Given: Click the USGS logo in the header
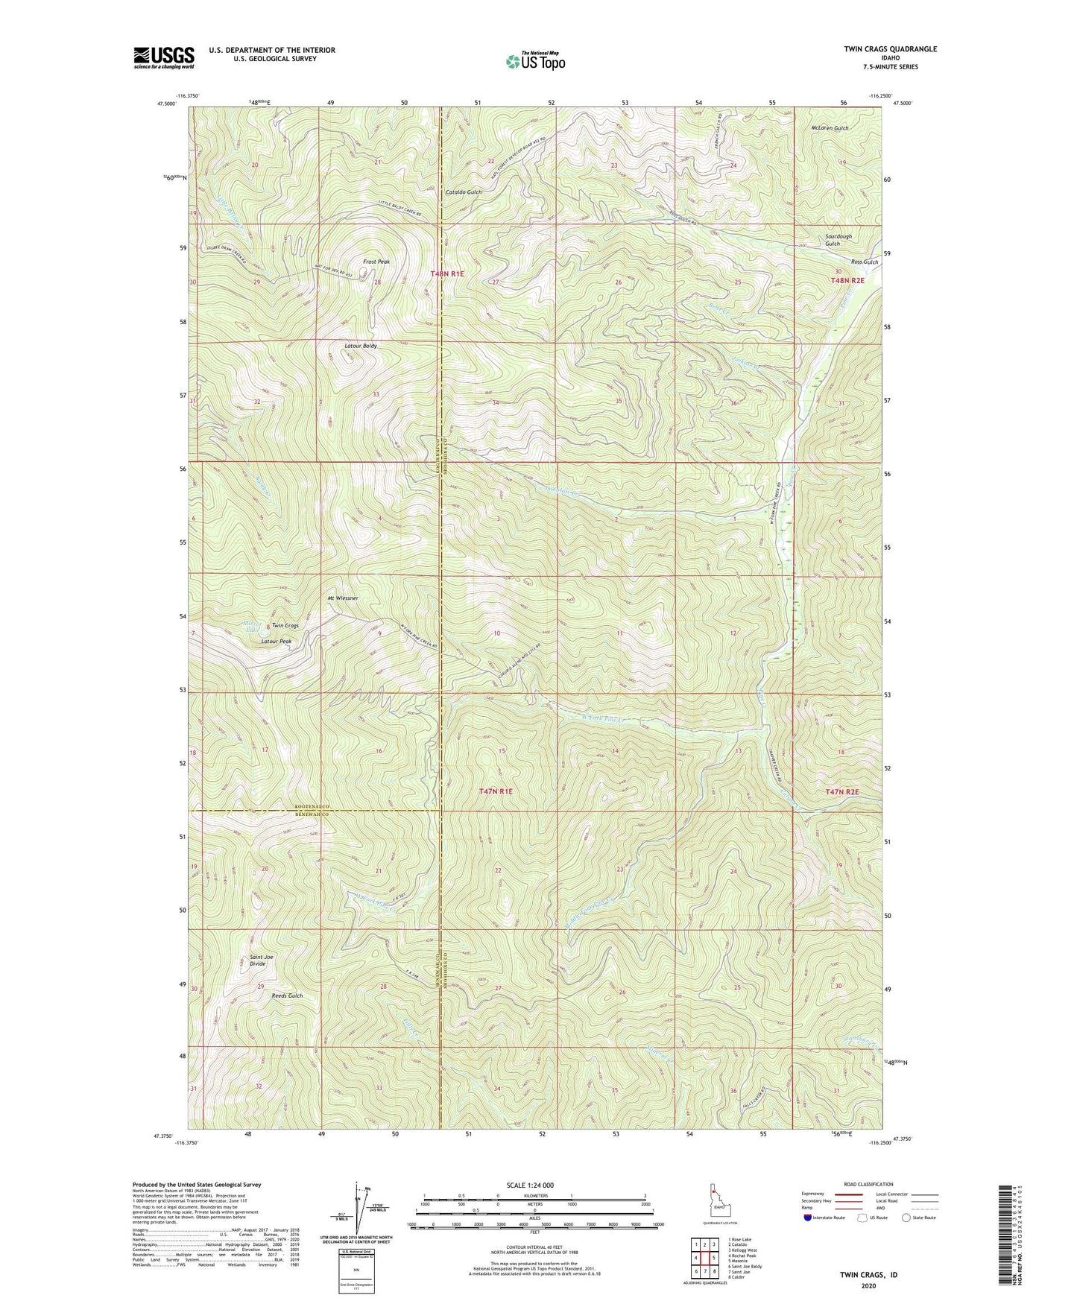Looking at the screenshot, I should tap(164, 57).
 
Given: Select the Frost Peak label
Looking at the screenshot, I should tap(376, 262).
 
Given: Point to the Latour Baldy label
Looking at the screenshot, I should tap(360, 346).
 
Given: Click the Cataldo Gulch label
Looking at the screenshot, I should tap(464, 192).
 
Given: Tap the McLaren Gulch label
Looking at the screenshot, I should tap(830, 128).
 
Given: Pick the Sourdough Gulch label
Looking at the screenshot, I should tap(838, 240).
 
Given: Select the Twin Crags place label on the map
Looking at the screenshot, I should tap(285, 626).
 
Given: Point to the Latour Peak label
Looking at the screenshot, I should tap(276, 642).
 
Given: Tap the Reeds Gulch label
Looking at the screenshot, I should tap(287, 995).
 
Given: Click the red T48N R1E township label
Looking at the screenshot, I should tap(447, 274).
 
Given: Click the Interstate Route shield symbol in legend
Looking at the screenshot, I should tap(808, 1218).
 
